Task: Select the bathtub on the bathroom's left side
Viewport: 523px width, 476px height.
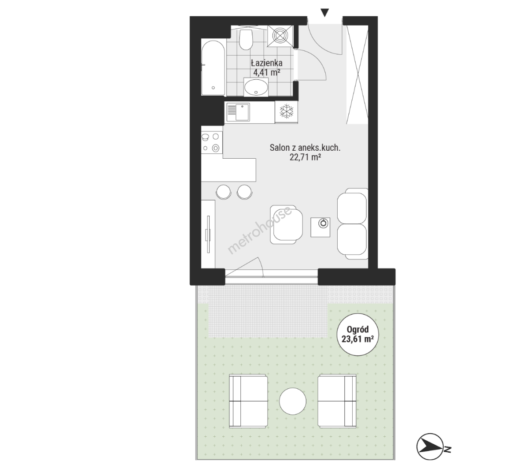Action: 214,68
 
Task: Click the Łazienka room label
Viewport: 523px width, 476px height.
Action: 266,63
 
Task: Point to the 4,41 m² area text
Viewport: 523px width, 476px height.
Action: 266,72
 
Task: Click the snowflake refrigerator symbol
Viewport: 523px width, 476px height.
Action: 286,112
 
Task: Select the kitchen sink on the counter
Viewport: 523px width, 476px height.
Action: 238,112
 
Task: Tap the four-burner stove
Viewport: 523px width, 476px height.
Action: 212,142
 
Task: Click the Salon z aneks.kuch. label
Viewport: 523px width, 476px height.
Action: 305,148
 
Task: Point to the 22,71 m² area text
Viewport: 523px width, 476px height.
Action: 305,157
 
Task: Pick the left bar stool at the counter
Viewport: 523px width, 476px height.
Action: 223,192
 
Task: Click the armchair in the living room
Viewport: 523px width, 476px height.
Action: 287,224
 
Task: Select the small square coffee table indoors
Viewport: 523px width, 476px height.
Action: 320,227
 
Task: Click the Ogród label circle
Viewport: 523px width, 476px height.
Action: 357,334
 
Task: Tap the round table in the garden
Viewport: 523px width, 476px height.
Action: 293,401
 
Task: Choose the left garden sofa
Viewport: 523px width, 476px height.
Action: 248,401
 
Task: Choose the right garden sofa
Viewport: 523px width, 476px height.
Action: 337,401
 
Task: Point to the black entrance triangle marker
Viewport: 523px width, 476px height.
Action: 324,13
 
